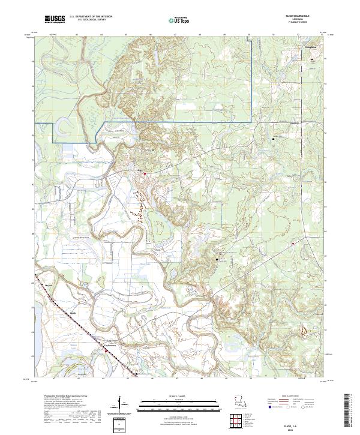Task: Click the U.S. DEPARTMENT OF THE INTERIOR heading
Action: click(91, 17)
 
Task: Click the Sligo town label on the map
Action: click(140, 172)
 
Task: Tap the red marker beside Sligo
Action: click(145, 175)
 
